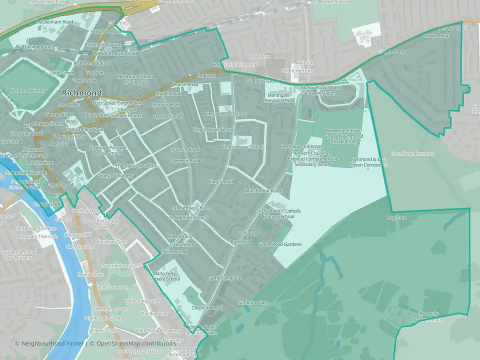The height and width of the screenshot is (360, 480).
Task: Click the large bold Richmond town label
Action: (81, 93)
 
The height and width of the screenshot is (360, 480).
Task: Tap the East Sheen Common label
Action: (412, 153)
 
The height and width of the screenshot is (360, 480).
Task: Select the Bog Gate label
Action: (397, 218)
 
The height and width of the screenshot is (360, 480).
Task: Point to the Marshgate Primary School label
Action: (280, 97)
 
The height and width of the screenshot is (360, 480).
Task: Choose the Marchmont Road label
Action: (263, 191)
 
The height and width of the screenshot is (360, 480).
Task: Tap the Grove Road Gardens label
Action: (280, 244)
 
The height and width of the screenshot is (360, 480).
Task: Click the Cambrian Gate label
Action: (253, 302)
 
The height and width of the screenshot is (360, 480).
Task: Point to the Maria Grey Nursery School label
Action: (166, 276)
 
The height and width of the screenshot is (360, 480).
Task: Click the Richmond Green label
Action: (28, 90)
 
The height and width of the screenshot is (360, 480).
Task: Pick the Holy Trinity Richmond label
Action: (234, 64)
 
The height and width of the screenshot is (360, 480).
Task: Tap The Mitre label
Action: (260, 57)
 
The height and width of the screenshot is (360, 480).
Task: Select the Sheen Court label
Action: (392, 52)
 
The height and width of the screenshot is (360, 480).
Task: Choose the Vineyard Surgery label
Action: (115, 176)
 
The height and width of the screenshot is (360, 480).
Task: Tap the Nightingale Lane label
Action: (102, 318)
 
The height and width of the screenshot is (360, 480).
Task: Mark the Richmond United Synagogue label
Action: (136, 79)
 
